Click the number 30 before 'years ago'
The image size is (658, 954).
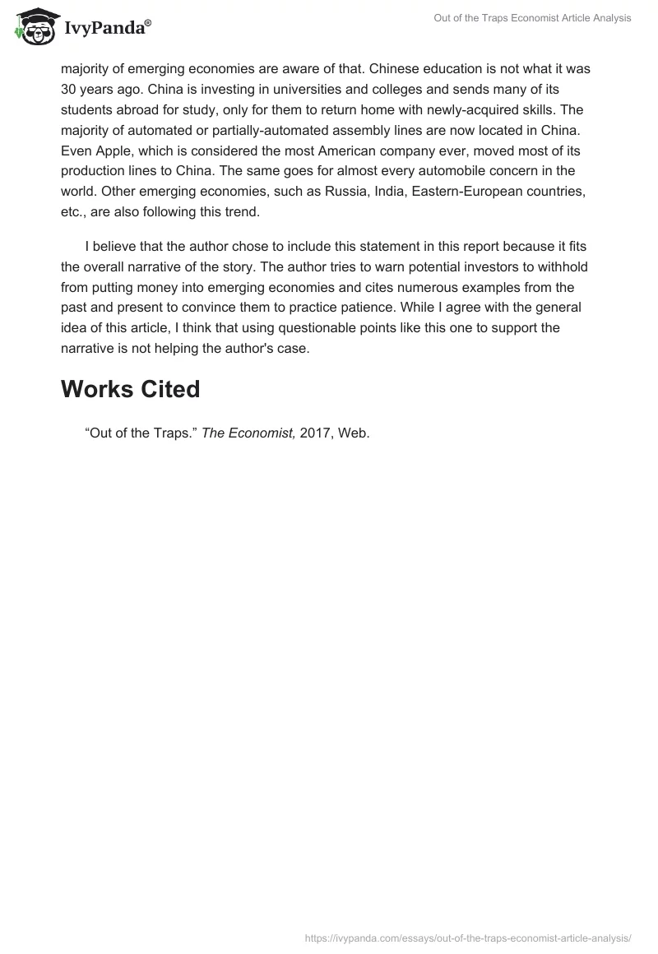(x=70, y=89)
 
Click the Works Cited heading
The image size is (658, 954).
(x=130, y=389)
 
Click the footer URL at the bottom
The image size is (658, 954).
(x=467, y=937)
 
